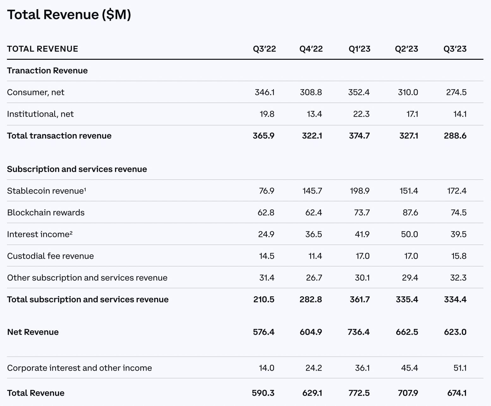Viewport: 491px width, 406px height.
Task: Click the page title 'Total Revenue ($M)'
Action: point(69,15)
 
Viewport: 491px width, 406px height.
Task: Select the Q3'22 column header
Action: point(264,49)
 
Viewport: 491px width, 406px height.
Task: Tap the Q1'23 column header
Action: point(359,49)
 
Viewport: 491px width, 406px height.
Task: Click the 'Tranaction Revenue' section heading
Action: point(47,71)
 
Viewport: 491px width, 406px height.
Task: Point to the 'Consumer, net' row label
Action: point(36,92)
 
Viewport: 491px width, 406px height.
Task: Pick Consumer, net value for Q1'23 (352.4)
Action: point(359,92)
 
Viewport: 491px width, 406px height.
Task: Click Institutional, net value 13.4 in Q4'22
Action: point(314,114)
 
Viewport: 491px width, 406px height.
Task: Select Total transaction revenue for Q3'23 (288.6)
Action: point(455,136)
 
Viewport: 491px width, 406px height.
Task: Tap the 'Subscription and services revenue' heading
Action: point(77,169)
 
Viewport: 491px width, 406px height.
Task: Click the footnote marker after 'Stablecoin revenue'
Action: point(85,189)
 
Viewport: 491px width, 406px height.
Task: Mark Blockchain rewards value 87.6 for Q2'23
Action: point(410,212)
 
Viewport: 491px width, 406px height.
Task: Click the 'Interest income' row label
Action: point(38,234)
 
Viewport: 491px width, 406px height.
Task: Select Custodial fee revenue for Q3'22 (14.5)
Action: point(266,256)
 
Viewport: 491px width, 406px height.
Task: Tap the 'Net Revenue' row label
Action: point(33,332)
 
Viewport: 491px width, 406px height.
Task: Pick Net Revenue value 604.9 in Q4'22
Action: point(311,332)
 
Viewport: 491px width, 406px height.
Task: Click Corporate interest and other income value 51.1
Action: point(460,368)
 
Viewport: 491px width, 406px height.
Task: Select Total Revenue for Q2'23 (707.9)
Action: point(408,393)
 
